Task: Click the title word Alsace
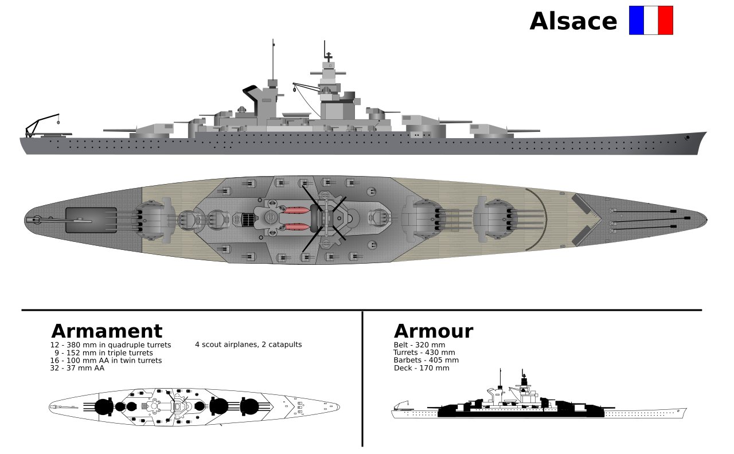coord(573,22)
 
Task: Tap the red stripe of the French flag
coord(665,21)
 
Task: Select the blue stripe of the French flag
coord(636,21)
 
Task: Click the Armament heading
coord(107,331)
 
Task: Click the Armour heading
coord(433,331)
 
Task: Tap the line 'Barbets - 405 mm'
coord(425,360)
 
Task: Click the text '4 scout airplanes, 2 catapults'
coord(248,345)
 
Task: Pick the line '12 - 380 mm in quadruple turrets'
coord(110,345)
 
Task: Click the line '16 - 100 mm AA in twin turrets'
coord(106,361)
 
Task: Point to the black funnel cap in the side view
coord(251,89)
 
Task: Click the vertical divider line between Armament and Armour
coord(362,378)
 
